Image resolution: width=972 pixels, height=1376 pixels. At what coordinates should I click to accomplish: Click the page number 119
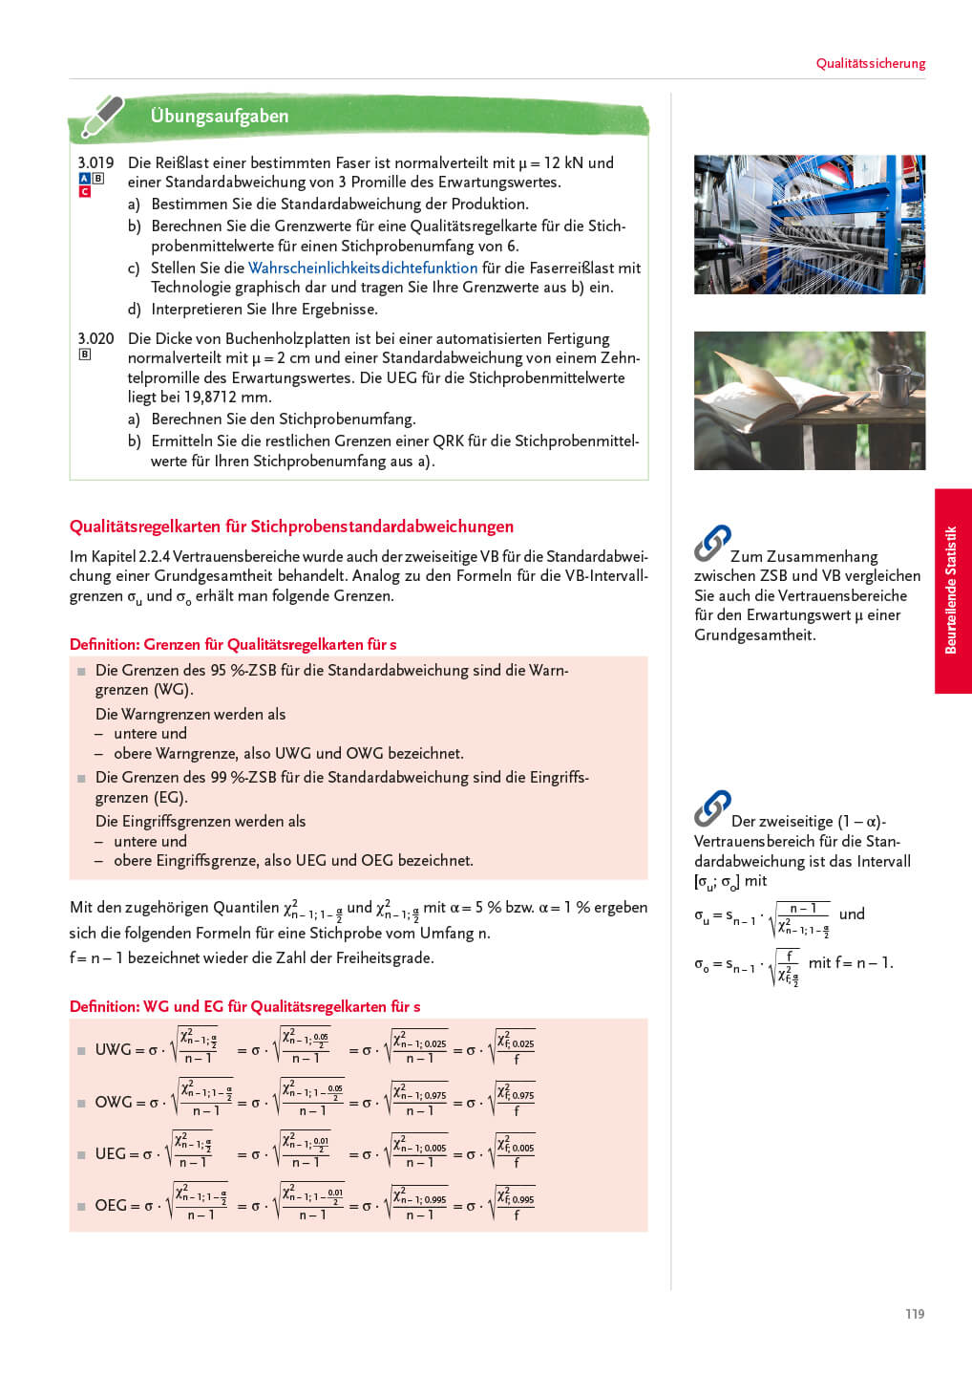(914, 1314)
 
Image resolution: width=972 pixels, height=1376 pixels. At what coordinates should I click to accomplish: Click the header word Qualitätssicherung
(870, 64)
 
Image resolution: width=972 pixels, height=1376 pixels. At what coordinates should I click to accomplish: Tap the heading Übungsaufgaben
(219, 116)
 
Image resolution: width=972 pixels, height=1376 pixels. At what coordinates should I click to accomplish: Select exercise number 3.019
(95, 162)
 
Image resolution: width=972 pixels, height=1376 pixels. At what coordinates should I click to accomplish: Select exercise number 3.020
(95, 338)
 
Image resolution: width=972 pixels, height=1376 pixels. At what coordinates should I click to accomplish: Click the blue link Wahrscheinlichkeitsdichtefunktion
(363, 268)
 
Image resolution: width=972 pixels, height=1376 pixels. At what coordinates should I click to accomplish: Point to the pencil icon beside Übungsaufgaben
(101, 116)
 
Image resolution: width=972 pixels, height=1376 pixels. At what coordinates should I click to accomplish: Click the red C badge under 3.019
(84, 192)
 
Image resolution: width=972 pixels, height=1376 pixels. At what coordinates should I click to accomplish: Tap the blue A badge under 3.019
(84, 179)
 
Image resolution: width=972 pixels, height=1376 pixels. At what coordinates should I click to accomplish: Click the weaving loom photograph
(809, 225)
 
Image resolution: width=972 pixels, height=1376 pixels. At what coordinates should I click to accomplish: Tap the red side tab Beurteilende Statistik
(951, 591)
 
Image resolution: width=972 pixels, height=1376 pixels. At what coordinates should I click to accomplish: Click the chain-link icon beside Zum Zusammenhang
(712, 544)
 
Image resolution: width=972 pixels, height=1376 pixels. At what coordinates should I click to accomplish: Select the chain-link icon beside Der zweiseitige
(712, 808)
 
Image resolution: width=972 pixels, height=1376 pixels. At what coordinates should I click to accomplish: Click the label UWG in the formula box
(113, 1049)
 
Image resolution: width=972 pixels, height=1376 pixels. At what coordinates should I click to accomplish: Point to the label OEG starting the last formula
(111, 1206)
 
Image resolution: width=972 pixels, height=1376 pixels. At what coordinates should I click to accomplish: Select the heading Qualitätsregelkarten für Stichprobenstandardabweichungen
(291, 527)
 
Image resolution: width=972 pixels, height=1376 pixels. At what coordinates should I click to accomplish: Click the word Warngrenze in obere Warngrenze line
(197, 753)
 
